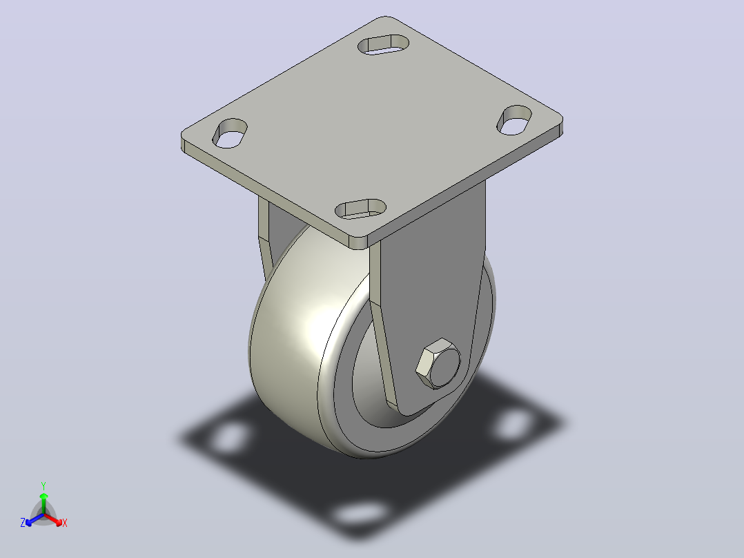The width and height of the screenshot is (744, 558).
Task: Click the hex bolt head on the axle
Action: (438, 364)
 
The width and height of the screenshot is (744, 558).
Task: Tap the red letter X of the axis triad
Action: (65, 523)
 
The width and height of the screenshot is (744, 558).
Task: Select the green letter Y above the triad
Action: (43, 485)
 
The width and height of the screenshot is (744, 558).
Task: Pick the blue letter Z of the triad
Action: (23, 523)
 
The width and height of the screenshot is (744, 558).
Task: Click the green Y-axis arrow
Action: (43, 503)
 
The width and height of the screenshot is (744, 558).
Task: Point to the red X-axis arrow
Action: (52, 519)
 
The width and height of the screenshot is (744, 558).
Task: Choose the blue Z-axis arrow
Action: (35, 519)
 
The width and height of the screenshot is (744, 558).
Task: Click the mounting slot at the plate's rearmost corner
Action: (384, 44)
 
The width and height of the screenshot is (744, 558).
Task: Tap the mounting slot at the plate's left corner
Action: (230, 133)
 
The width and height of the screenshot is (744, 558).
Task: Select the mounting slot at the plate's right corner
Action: (514, 120)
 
